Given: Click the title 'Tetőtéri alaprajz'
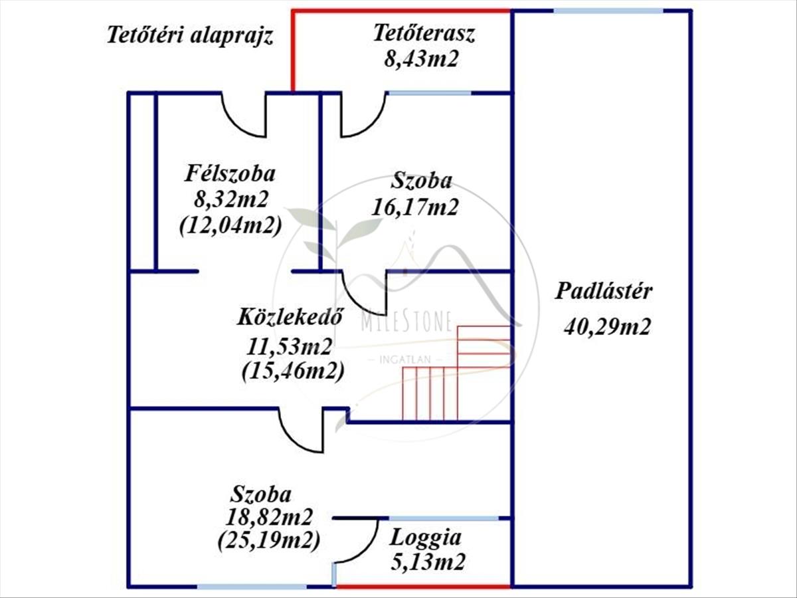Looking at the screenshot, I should [191, 36].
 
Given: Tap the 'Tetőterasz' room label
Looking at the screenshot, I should [424, 33].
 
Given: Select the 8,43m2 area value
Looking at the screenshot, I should [422, 59].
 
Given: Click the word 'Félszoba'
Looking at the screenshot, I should [230, 175].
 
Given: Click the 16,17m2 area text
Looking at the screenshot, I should [415, 207].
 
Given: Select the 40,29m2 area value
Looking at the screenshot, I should [606, 326].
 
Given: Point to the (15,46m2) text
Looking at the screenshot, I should [293, 371].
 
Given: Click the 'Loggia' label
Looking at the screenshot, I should [426, 537].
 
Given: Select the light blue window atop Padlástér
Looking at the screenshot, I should [608, 11].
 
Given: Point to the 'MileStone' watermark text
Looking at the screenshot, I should [406, 324].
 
